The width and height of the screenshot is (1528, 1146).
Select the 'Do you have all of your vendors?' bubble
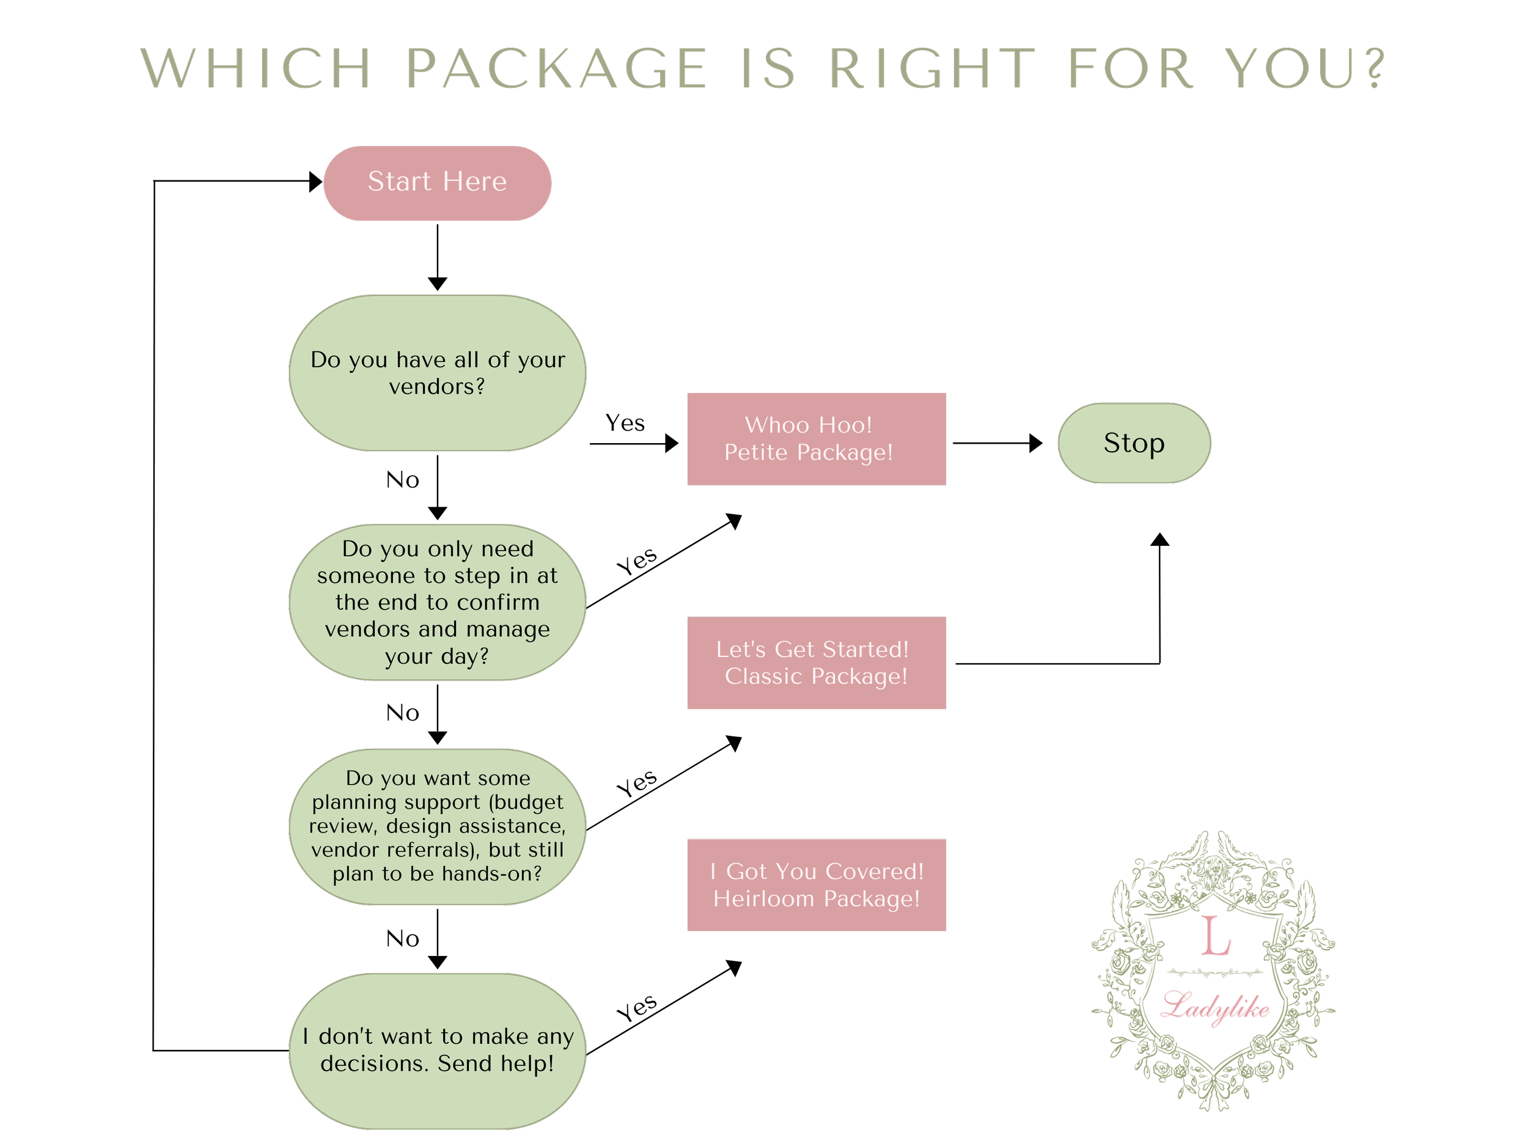click(436, 373)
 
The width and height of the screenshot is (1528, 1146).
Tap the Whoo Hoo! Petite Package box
click(817, 439)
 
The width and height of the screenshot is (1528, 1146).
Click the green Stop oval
click(1134, 443)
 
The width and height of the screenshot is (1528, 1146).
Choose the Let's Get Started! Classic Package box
click(817, 663)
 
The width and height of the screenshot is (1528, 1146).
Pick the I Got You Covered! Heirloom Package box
click(817, 886)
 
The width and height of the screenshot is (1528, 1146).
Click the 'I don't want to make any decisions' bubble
click(436, 1051)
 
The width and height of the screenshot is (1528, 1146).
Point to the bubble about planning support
click(436, 826)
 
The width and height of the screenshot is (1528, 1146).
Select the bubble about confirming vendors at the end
click(436, 603)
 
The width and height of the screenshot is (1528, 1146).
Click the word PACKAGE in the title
click(556, 72)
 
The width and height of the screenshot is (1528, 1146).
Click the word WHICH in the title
click(255, 72)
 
